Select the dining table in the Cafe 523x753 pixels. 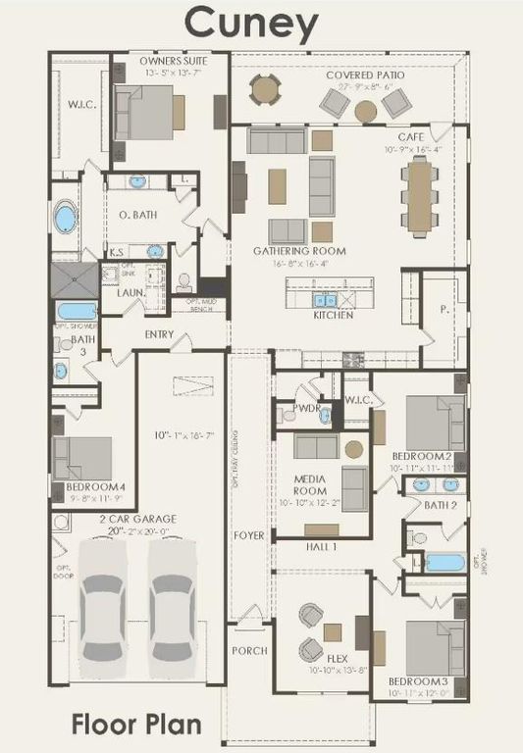[x=420, y=193]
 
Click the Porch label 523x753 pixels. [x=248, y=650]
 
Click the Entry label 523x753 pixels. [x=159, y=334]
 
